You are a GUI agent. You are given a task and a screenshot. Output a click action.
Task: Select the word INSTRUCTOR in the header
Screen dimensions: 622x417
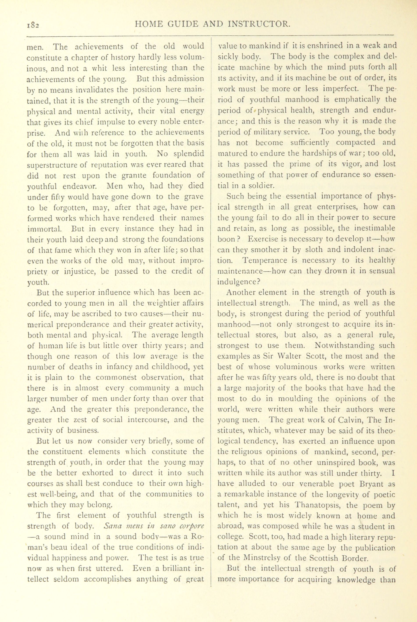click(259, 24)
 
